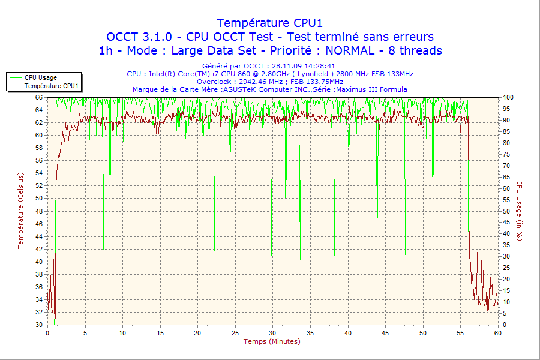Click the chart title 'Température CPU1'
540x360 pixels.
(x=269, y=23)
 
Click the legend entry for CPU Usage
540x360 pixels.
(x=41, y=77)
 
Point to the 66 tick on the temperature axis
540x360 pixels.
(x=39, y=97)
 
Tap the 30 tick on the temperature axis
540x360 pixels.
(x=39, y=325)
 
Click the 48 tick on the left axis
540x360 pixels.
(x=39, y=211)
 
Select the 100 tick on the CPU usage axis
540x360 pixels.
(x=508, y=97)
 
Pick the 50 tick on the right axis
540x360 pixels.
(x=506, y=211)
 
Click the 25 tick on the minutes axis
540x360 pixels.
(x=235, y=332)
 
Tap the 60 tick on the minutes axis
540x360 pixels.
(x=498, y=332)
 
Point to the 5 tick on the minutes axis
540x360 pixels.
(x=85, y=332)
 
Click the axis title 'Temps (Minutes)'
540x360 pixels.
(x=271, y=341)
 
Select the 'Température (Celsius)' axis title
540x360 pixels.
(x=20, y=210)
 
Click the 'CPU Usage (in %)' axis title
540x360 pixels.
(x=520, y=211)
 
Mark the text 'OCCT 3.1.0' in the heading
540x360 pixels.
(x=136, y=37)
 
